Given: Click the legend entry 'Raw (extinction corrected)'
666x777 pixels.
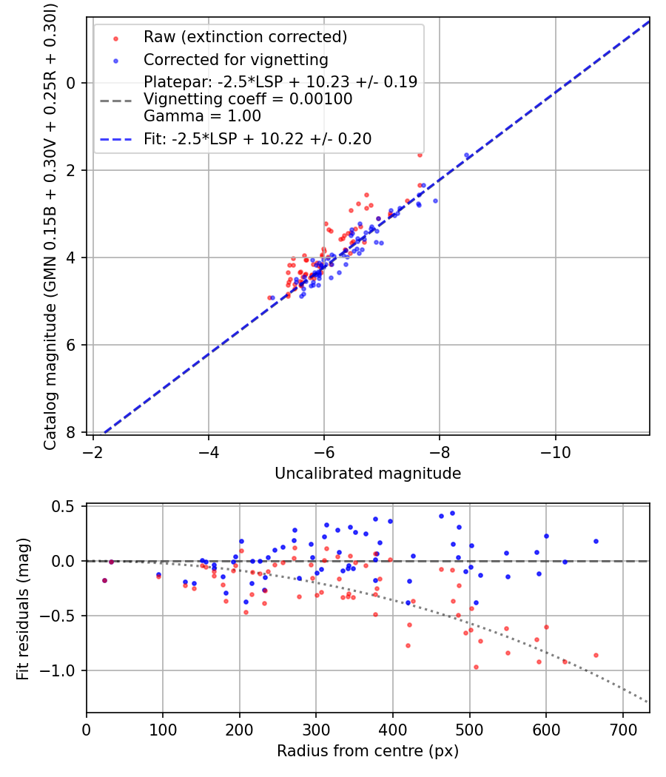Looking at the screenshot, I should (x=245, y=37).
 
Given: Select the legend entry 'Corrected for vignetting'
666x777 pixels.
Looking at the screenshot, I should (x=236, y=59).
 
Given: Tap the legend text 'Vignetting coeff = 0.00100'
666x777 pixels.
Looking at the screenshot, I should (x=248, y=99).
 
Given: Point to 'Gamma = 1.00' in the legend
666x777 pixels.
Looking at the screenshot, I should (x=202, y=116).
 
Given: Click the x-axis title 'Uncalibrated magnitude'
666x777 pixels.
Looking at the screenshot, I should (x=368, y=474).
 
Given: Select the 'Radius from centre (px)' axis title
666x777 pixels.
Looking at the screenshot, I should (x=368, y=751).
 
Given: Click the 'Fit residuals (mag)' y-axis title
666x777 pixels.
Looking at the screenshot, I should (x=23, y=608).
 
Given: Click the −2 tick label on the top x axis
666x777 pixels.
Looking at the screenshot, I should (x=93, y=452).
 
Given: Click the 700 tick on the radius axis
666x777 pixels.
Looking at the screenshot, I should (x=622, y=730).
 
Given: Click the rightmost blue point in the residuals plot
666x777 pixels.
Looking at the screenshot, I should (x=596, y=541).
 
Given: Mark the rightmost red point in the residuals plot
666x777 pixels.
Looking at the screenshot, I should (x=596, y=655).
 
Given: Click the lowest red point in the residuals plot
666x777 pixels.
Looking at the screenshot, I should (x=476, y=667).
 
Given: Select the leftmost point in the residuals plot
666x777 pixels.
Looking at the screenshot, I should (x=104, y=580).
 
